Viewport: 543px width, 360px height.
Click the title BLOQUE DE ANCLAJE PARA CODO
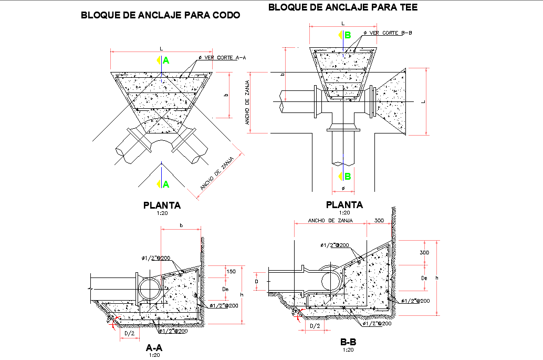(160, 15)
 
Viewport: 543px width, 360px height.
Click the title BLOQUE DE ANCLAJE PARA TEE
(343, 7)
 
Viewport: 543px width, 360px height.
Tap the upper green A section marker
(164, 60)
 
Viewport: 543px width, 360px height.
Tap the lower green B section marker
(346, 176)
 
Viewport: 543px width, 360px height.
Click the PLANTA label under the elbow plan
(162, 205)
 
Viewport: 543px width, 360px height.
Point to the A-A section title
(154, 347)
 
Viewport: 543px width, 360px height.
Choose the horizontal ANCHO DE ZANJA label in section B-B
(329, 221)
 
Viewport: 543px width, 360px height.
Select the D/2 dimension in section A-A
(129, 333)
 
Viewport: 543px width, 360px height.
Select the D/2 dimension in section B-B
(315, 326)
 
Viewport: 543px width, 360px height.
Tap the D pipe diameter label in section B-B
(256, 282)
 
